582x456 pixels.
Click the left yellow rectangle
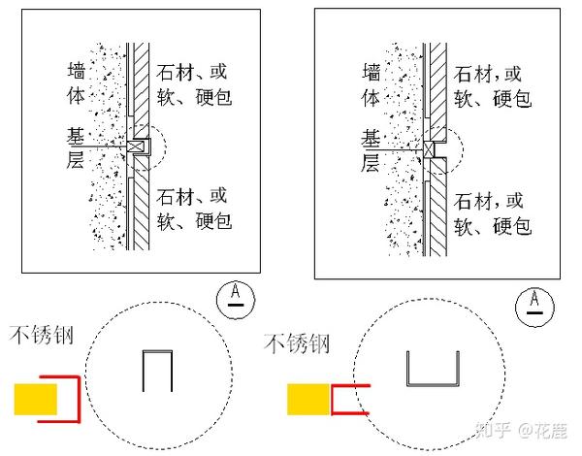click(x=34, y=398)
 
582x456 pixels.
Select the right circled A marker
click(x=534, y=303)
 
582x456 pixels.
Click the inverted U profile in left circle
click(x=158, y=370)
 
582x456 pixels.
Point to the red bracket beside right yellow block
click(x=349, y=399)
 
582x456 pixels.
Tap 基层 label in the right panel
click(x=372, y=150)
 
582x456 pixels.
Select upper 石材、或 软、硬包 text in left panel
click(x=197, y=84)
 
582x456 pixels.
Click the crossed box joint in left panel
click(x=136, y=147)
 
